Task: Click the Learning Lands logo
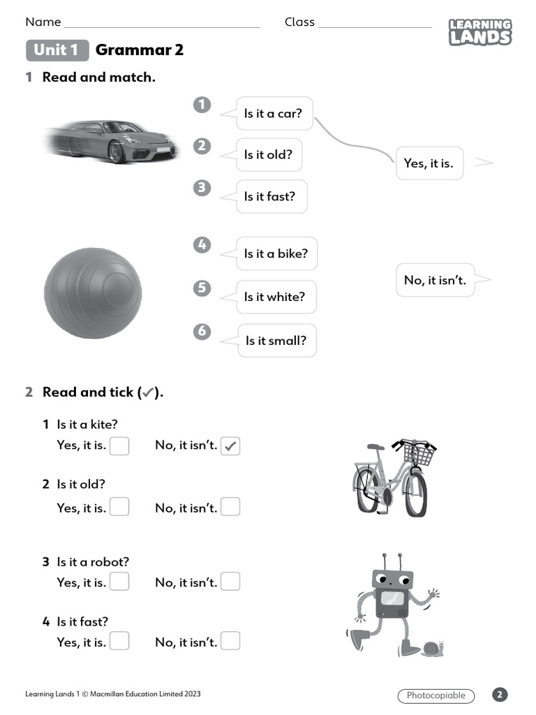coord(479,32)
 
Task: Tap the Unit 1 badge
coord(57,50)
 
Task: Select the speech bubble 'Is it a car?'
coord(274,113)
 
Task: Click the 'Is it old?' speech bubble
coord(269,154)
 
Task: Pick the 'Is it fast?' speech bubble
coord(270,196)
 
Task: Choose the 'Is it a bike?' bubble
coord(276,253)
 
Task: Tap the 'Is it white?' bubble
coord(275,297)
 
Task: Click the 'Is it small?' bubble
coord(276,341)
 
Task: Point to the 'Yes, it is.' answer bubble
coord(429,163)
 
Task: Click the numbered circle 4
coord(202,245)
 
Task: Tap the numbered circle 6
coord(202,331)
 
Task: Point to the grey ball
coord(93,293)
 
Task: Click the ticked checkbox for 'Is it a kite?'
coord(230,446)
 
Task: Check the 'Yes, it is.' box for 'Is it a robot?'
coord(119,581)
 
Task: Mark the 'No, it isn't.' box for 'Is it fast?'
coord(230,641)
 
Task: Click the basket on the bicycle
coord(418,455)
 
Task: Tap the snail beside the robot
coord(432,649)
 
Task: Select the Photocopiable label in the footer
coord(436,695)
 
